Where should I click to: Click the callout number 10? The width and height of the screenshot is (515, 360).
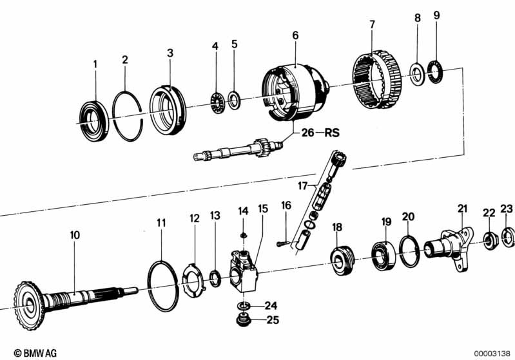click(x=75, y=235)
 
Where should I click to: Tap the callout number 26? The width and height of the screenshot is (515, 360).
click(x=307, y=133)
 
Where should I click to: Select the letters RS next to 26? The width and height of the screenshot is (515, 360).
click(x=332, y=133)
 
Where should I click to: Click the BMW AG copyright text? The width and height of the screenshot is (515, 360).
click(x=35, y=353)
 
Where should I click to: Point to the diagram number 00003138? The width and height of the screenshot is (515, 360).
click(x=492, y=354)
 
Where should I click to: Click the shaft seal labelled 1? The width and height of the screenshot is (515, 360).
click(x=94, y=117)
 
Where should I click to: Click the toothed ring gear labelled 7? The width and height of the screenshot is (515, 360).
click(x=378, y=79)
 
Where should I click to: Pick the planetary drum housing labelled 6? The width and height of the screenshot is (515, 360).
click(x=296, y=92)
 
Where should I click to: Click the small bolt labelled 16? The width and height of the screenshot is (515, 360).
click(x=283, y=244)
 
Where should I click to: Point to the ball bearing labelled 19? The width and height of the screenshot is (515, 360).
click(x=384, y=255)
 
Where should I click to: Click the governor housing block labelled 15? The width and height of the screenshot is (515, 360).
click(x=244, y=270)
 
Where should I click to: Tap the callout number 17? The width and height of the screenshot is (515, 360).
click(x=302, y=186)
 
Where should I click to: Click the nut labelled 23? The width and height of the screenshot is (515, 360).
click(x=508, y=237)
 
